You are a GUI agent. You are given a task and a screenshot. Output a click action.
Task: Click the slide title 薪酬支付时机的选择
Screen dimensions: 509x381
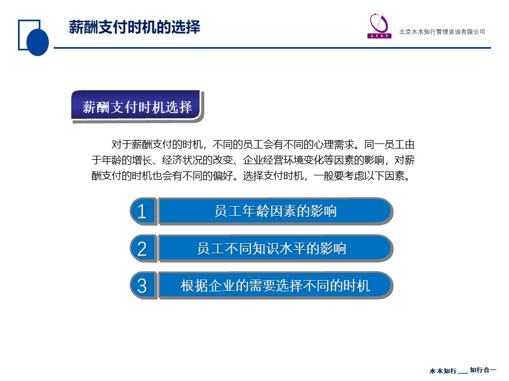tap(134, 27)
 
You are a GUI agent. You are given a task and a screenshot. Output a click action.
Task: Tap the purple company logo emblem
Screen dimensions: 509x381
tap(379, 26)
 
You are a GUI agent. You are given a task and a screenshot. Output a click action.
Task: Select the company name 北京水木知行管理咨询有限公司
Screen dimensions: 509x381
tap(442, 32)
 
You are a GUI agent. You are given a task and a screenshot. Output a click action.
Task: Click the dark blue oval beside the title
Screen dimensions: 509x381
tap(38, 42)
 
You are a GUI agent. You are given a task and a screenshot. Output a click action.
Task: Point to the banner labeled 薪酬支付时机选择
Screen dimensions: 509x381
tap(137, 106)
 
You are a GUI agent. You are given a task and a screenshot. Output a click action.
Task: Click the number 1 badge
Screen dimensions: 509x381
tap(143, 211)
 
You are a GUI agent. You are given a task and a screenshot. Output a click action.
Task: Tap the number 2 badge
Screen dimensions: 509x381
tap(143, 249)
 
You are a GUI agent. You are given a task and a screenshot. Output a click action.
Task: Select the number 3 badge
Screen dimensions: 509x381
tap(143, 285)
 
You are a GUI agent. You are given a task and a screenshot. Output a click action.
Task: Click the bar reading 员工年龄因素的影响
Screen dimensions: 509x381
tap(276, 211)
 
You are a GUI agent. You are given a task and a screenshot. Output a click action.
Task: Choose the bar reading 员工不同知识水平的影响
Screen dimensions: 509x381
tap(276, 249)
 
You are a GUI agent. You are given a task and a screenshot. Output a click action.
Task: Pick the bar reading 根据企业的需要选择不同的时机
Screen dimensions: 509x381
tap(276, 285)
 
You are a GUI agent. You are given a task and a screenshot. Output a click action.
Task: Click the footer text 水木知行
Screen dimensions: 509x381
tap(443, 370)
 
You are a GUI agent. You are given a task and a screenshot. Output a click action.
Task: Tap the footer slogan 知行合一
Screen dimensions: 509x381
tap(483, 370)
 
